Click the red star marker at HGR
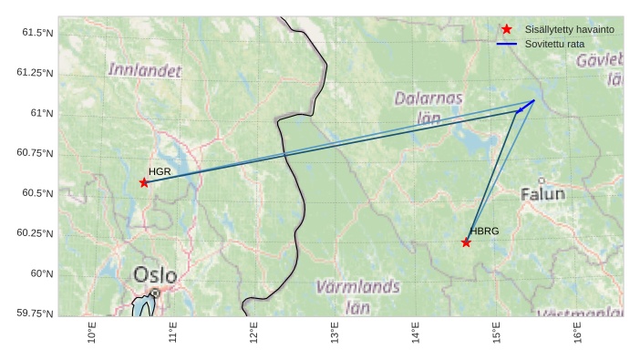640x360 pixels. [144, 183]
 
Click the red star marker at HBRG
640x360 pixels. [466, 242]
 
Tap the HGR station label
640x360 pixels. [160, 171]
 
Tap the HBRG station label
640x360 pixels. [484, 231]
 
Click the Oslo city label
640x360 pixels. [155, 274]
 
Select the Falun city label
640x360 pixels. [543, 194]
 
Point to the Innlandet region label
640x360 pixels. [145, 70]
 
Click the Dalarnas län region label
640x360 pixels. [428, 107]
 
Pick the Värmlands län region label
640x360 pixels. [357, 296]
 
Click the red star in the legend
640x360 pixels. [507, 29]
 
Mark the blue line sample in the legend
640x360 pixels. [507, 44]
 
